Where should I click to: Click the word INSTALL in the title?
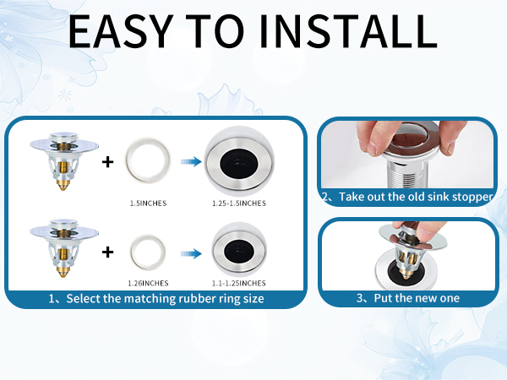click(348, 31)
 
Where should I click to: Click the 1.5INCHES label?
click(148, 204)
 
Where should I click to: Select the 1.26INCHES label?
click(148, 284)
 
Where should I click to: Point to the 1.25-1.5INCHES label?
click(239, 204)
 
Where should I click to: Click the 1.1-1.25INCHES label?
click(239, 284)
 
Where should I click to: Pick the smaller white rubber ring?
click(134, 252)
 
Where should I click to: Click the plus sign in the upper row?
click(107, 162)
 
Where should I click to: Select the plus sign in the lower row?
click(107, 252)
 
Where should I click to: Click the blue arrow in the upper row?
click(191, 161)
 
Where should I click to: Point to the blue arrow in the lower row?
click(191, 253)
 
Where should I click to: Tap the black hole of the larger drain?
click(239, 162)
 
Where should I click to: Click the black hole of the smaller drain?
click(239, 252)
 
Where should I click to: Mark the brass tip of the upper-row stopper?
click(63, 186)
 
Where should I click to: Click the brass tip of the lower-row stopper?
click(63, 273)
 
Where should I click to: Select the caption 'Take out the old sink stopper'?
click(416, 197)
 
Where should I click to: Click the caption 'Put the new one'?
click(417, 298)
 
